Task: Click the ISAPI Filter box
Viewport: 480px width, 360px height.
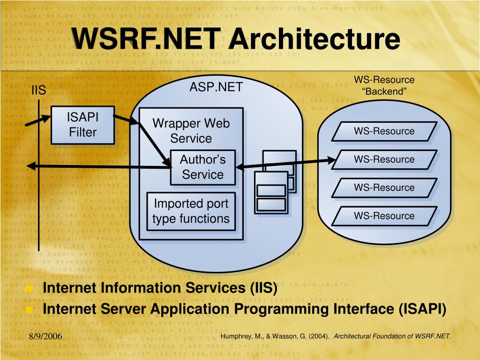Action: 82,125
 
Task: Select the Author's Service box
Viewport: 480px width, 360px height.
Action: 202,167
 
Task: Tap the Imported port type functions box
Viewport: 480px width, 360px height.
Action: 191,211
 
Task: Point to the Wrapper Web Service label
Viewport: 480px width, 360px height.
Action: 191,131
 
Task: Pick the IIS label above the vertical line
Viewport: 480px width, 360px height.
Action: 38,90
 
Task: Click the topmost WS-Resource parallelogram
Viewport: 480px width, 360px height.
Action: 384,131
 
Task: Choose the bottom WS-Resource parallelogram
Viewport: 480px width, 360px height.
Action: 384,216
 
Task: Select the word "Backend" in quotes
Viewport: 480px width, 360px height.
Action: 384,91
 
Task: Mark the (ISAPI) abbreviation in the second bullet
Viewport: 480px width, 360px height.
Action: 422,309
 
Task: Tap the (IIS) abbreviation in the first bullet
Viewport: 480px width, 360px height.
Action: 262,288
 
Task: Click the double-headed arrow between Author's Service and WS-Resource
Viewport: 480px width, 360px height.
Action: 286,163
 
